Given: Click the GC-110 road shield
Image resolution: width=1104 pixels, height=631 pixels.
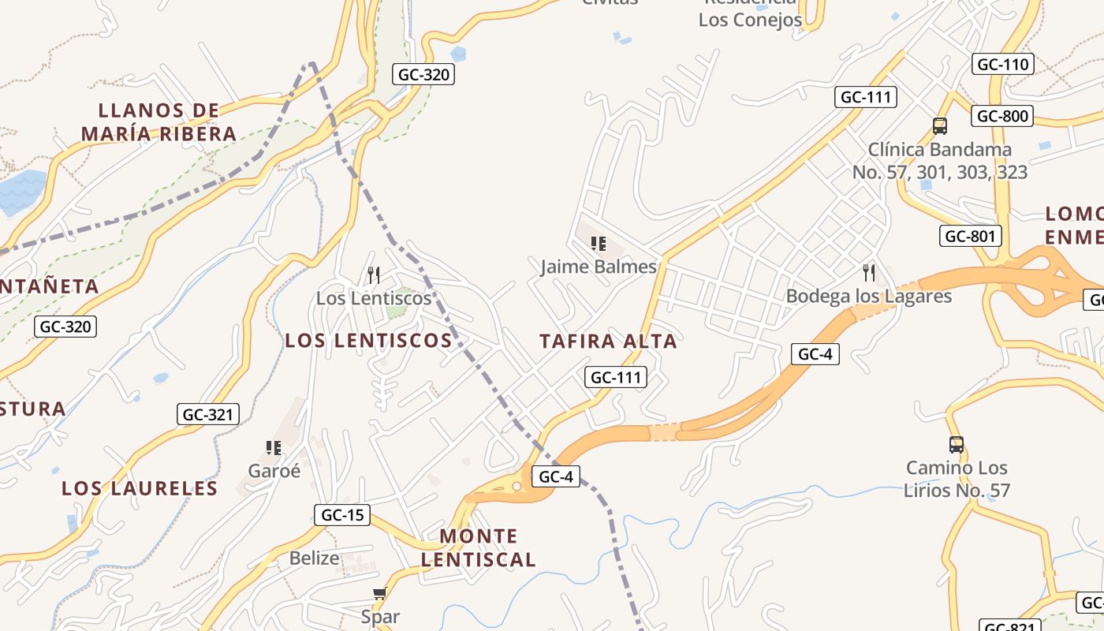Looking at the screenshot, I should click(1002, 65).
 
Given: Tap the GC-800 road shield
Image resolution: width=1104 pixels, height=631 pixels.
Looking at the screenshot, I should click(1002, 117).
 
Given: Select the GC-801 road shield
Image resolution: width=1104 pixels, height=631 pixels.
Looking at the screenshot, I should click(971, 236).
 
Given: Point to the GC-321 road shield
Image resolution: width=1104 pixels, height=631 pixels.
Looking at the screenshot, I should click(207, 414).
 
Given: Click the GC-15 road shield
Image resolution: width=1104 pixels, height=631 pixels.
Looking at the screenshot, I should click(341, 516).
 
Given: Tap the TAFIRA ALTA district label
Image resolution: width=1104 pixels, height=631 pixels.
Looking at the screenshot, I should click(608, 342).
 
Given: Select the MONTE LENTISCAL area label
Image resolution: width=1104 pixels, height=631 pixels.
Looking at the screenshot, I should click(478, 548).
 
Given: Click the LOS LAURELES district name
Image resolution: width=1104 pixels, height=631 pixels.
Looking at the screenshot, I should click(140, 488).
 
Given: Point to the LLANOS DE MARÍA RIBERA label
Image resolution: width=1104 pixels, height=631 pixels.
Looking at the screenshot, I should click(159, 122).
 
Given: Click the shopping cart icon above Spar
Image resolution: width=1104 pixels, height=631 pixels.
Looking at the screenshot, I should click(380, 593).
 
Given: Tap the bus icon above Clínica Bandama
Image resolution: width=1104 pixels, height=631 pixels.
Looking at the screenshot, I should click(939, 125).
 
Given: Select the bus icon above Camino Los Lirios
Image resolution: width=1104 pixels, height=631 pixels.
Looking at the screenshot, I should click(956, 445).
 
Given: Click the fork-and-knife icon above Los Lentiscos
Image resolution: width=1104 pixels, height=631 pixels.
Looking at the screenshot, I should click(374, 275).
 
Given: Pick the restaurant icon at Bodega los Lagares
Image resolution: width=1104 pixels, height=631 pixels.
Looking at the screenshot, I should click(869, 273).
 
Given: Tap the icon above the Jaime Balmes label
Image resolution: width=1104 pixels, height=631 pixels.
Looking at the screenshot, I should click(599, 244).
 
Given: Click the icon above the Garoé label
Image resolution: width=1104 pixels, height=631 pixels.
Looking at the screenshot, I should click(274, 448).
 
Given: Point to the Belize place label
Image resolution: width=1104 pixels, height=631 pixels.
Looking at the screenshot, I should click(314, 558).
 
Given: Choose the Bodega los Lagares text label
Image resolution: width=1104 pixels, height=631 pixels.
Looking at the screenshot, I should click(869, 297).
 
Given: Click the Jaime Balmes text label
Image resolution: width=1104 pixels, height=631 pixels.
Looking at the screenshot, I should click(599, 267).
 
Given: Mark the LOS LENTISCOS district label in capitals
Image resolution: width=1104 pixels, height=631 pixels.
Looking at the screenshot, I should click(368, 341).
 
